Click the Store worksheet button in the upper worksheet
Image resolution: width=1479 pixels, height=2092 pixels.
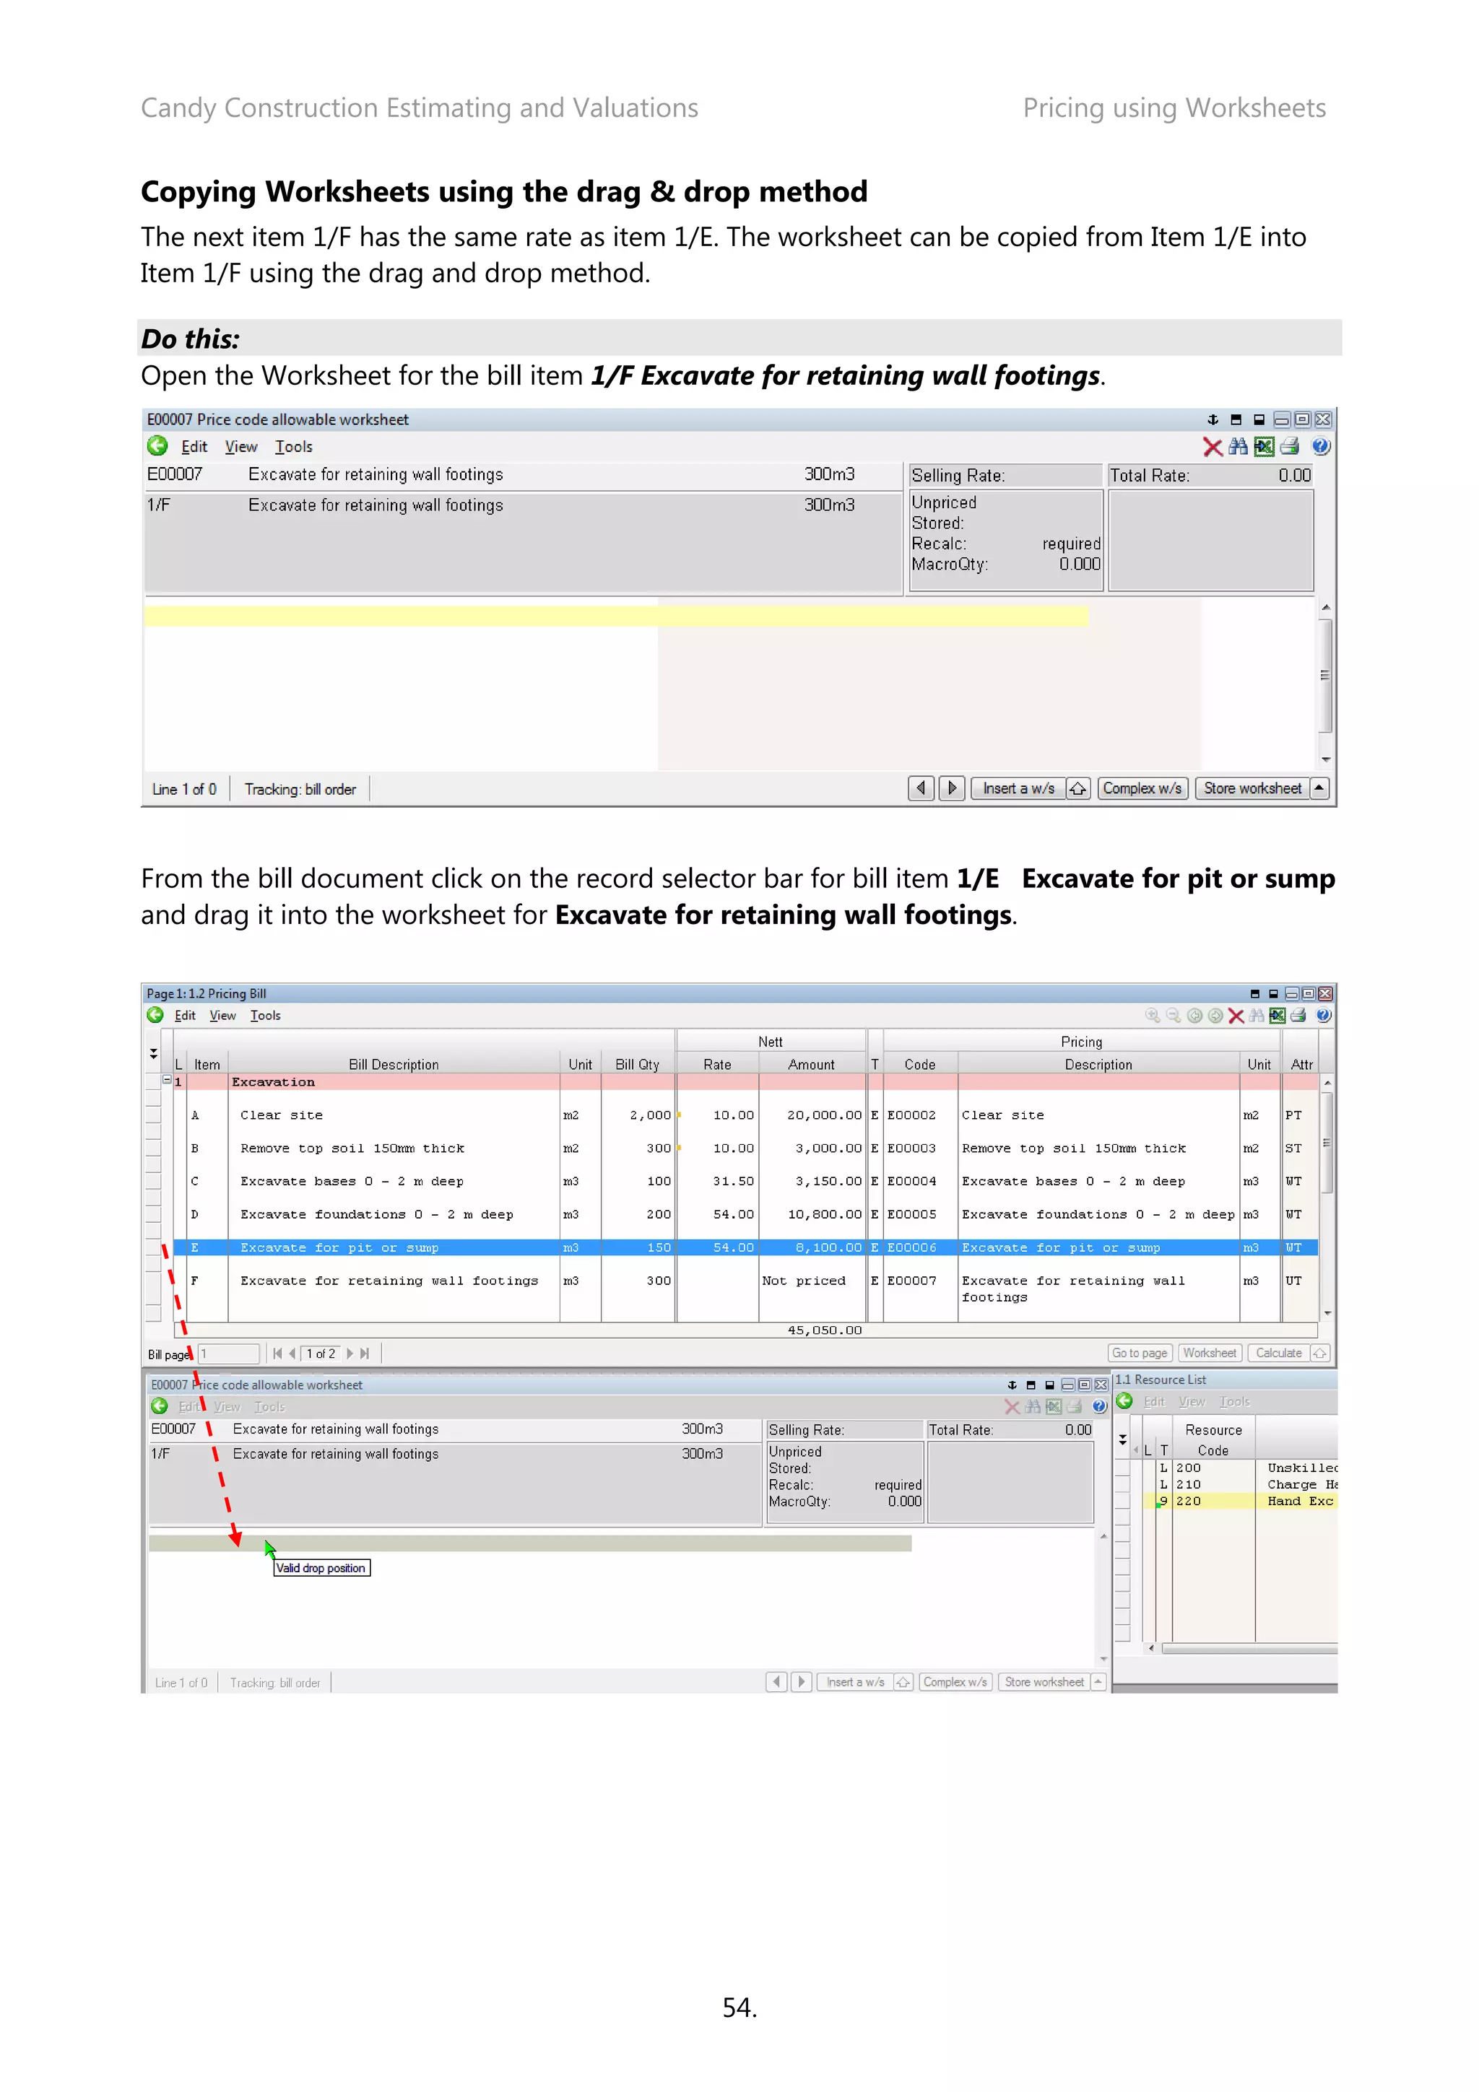coord(1252,788)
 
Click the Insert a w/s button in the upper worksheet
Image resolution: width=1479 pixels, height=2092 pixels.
coord(1018,788)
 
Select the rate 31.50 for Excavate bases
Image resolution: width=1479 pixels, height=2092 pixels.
coord(733,1182)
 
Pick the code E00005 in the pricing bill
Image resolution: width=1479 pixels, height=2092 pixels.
coord(911,1215)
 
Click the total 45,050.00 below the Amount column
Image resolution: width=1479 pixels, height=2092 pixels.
coord(824,1330)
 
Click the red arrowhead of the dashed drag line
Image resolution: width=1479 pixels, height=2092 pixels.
coord(236,1539)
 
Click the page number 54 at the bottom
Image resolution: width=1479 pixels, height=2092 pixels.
coord(739,2008)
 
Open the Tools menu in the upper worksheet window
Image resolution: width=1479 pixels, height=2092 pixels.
coord(293,446)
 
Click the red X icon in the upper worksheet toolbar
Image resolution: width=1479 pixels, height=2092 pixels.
coord(1212,446)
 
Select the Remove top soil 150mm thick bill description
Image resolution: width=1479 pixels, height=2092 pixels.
coord(352,1149)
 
